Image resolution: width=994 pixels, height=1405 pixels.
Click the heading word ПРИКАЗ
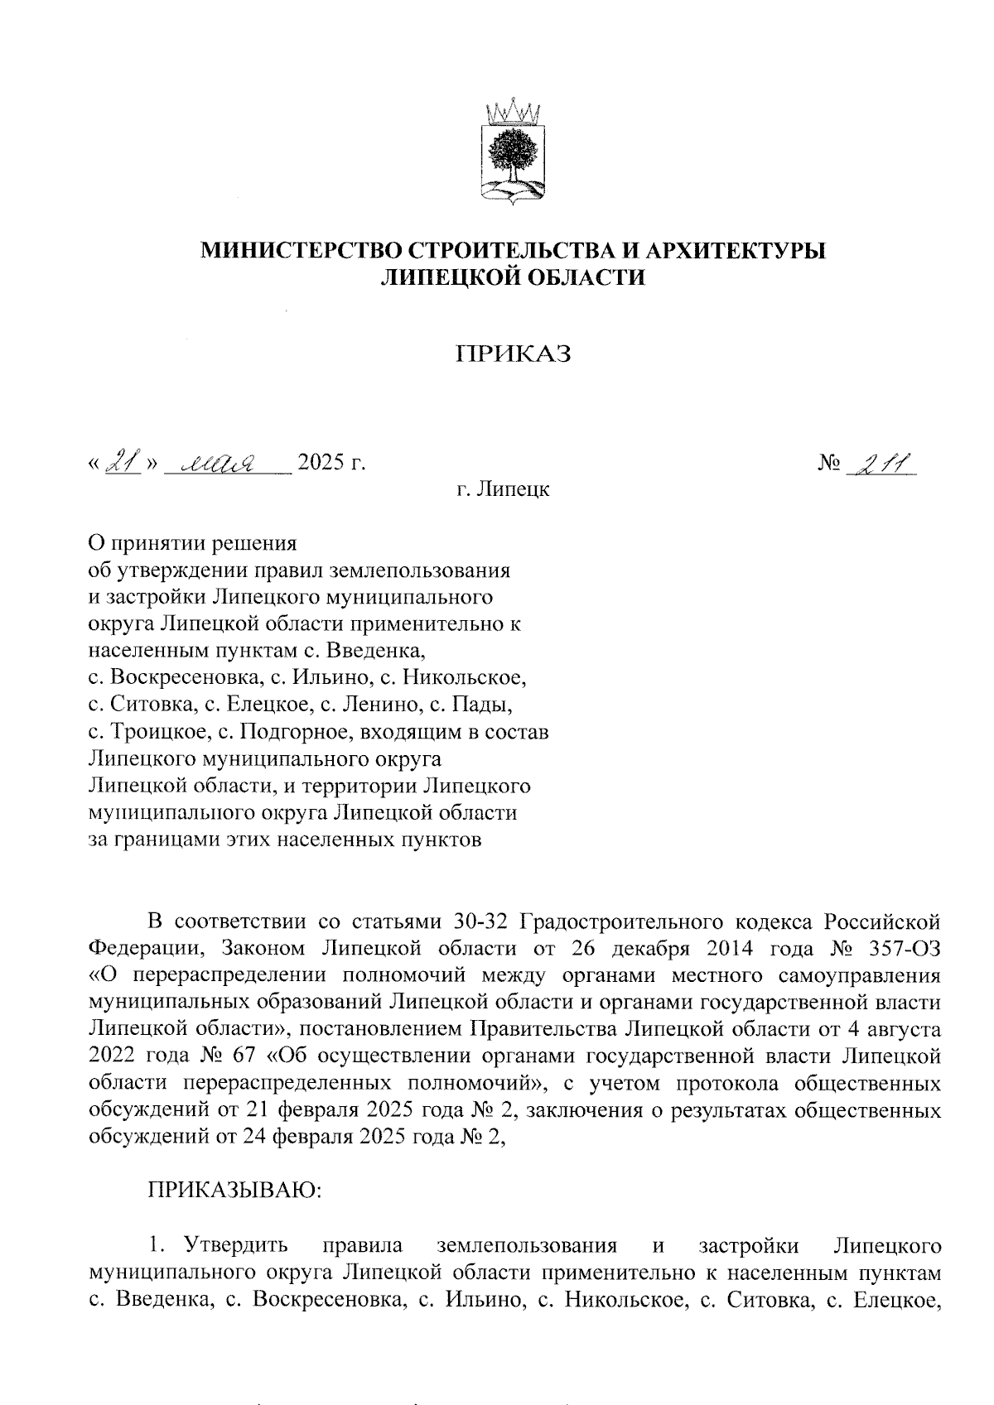click(x=514, y=354)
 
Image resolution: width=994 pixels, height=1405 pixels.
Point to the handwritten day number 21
click(x=124, y=461)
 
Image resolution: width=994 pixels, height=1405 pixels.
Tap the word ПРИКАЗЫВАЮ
click(x=234, y=1190)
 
